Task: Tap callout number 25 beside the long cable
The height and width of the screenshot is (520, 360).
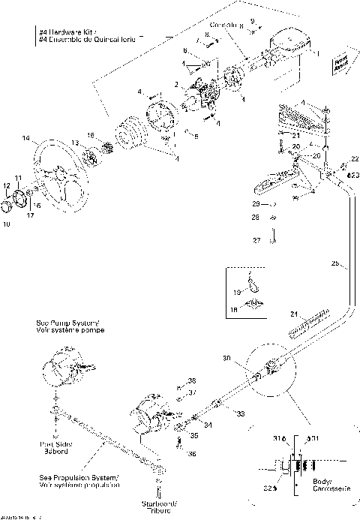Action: (334, 263)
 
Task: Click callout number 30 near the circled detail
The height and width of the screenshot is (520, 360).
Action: (226, 358)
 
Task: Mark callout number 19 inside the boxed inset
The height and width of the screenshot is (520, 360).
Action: (238, 292)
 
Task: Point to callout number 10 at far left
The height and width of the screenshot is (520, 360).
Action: (7, 224)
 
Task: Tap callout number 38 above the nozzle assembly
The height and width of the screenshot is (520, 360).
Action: (192, 380)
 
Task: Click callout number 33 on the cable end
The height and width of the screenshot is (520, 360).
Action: (240, 413)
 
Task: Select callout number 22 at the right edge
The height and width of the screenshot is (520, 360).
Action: (354, 159)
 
